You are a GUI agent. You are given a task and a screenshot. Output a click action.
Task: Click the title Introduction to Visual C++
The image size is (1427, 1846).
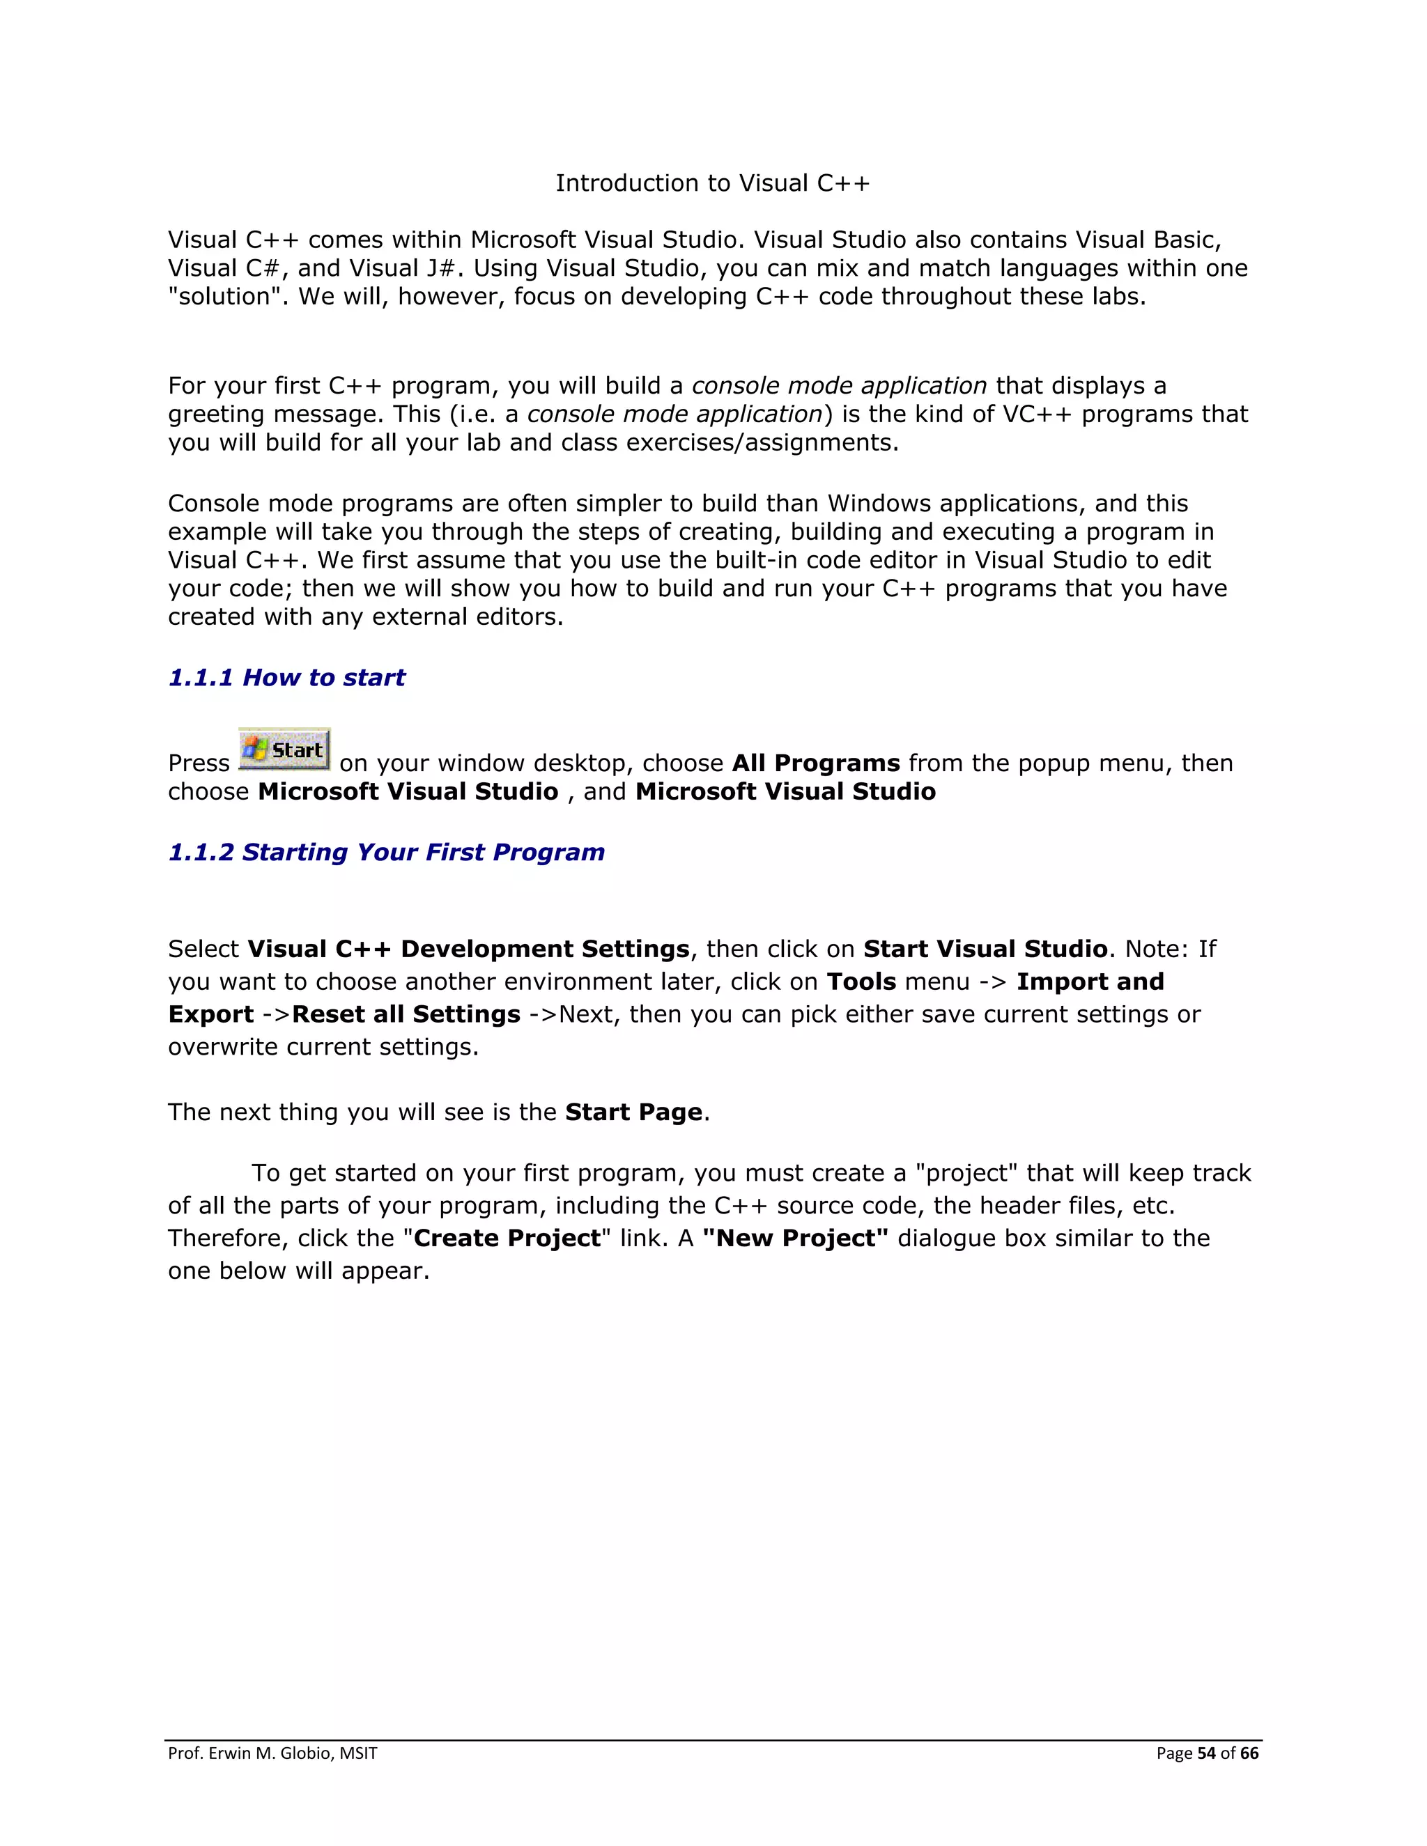pos(712,183)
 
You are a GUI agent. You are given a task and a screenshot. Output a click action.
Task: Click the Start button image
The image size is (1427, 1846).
pos(284,749)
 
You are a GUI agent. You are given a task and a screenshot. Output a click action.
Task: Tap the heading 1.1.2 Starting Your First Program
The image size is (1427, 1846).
pos(386,852)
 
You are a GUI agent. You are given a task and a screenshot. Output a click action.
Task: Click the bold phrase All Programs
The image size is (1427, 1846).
pos(816,763)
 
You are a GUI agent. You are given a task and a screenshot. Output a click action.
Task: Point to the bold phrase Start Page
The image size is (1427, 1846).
pos(633,1112)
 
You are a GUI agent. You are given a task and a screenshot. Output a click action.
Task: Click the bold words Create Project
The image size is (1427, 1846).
pos(507,1239)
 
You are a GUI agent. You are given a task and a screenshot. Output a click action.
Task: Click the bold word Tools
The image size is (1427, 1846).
pos(861,982)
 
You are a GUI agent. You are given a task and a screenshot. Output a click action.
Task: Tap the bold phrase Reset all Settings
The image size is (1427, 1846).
pos(406,1014)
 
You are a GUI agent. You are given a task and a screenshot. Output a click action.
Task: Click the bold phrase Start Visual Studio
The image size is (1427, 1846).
pos(985,949)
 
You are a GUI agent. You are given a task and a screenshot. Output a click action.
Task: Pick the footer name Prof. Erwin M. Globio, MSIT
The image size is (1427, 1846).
pos(272,1753)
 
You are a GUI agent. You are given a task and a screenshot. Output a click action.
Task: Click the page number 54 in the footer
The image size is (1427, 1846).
pos(1206,1753)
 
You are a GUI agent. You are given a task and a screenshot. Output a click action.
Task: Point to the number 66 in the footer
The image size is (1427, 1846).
pos(1249,1753)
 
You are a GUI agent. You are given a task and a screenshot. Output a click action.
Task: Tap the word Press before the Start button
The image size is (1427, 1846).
pos(199,763)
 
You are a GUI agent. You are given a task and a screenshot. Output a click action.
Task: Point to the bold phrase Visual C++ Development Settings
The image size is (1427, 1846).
pos(468,949)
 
